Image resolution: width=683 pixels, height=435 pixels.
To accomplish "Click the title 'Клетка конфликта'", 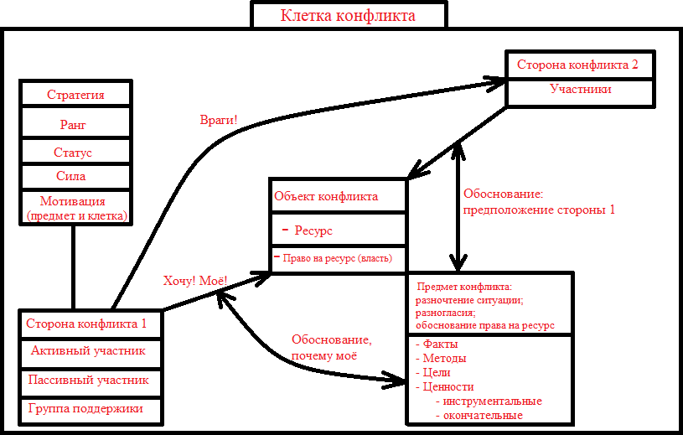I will pyautogui.click(x=348, y=15).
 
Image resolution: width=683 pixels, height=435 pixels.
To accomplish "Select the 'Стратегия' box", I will pyautogui.click(x=75, y=94).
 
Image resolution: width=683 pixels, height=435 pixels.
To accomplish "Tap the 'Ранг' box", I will pyautogui.click(x=75, y=124).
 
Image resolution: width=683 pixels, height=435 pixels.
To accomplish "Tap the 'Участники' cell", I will pyautogui.click(x=580, y=89).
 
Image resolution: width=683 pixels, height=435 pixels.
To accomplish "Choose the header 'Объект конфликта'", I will pyautogui.click(x=326, y=196).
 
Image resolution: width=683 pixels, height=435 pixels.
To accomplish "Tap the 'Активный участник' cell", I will pyautogui.click(x=88, y=350).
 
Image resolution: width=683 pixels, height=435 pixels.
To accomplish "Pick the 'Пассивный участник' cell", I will pyautogui.click(x=89, y=380).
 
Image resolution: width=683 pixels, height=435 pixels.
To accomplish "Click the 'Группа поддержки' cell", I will pyautogui.click(x=85, y=408).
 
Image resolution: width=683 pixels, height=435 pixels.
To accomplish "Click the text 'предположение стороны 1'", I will pyautogui.click(x=540, y=210).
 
